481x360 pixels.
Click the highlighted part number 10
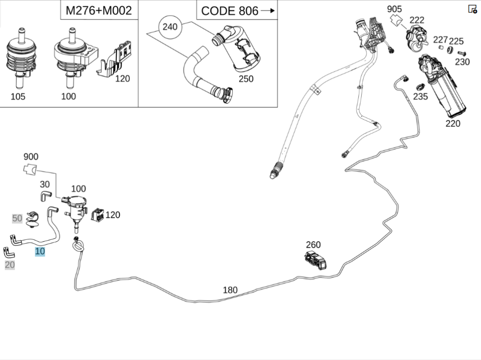pos(40,251)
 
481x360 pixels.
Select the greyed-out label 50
pos(17,218)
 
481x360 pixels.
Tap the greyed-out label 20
pos(10,264)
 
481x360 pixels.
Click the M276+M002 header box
pos(99,10)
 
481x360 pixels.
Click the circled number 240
pos(170,26)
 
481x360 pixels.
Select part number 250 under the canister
pos(246,79)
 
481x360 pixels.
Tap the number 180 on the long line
pos(230,290)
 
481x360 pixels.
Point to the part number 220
pos(453,123)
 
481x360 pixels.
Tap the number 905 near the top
pos(394,9)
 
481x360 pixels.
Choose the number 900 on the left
pos(31,157)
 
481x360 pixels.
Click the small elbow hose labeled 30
pos(45,195)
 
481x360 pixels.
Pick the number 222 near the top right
pos(417,20)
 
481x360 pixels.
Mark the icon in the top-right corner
pos(472,9)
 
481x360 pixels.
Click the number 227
pos(440,39)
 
